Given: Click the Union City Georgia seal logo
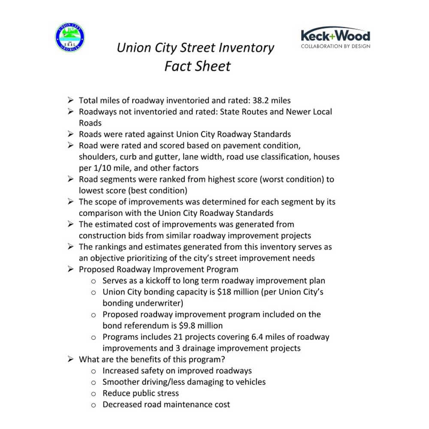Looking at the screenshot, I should point(70,38).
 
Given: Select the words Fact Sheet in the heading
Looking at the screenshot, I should point(197,66).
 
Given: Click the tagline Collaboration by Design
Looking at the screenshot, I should point(335,46).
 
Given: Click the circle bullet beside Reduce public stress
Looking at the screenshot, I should point(94,393).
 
